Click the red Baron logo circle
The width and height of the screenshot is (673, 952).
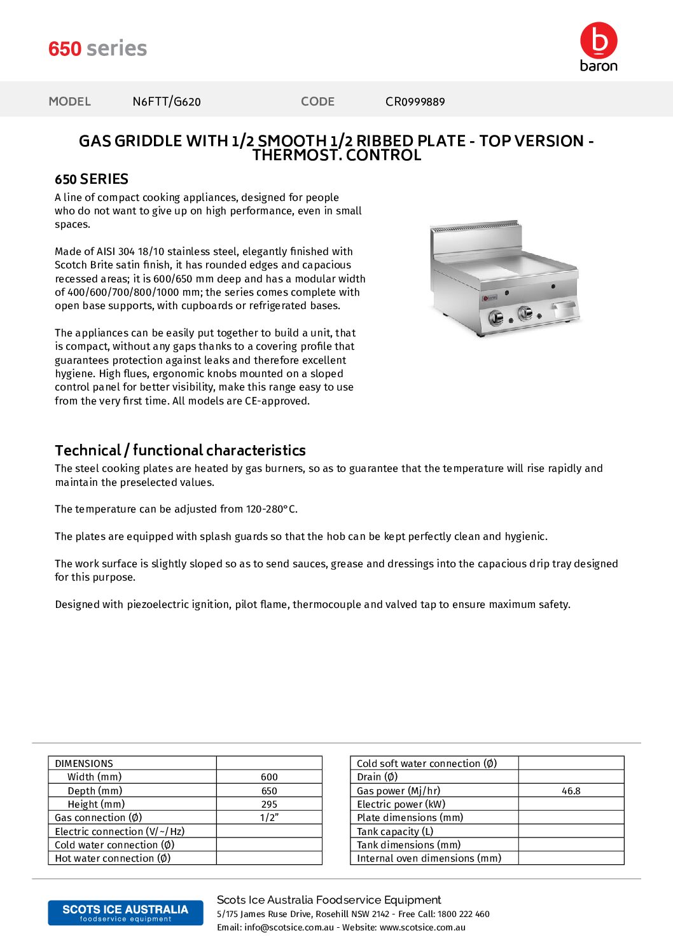598,40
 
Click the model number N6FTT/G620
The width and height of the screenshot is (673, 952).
167,102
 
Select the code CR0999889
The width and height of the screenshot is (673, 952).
415,102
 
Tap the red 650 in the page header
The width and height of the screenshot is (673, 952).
65,49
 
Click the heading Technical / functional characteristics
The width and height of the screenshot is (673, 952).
180,450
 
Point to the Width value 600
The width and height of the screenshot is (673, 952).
269,777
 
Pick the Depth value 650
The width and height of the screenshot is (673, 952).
269,791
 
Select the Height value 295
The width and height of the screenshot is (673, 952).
269,804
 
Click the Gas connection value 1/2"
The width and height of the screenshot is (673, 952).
269,818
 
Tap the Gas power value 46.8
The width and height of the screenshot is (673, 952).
571,791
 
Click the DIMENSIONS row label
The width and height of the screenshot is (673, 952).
84,763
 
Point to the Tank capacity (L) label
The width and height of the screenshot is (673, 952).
395,832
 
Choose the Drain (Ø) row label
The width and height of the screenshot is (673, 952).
377,777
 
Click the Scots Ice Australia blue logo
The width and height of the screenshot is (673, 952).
125,913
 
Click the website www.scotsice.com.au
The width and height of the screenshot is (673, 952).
422,928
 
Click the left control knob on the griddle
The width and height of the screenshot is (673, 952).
496,318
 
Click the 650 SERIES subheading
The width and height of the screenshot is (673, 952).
92,179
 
